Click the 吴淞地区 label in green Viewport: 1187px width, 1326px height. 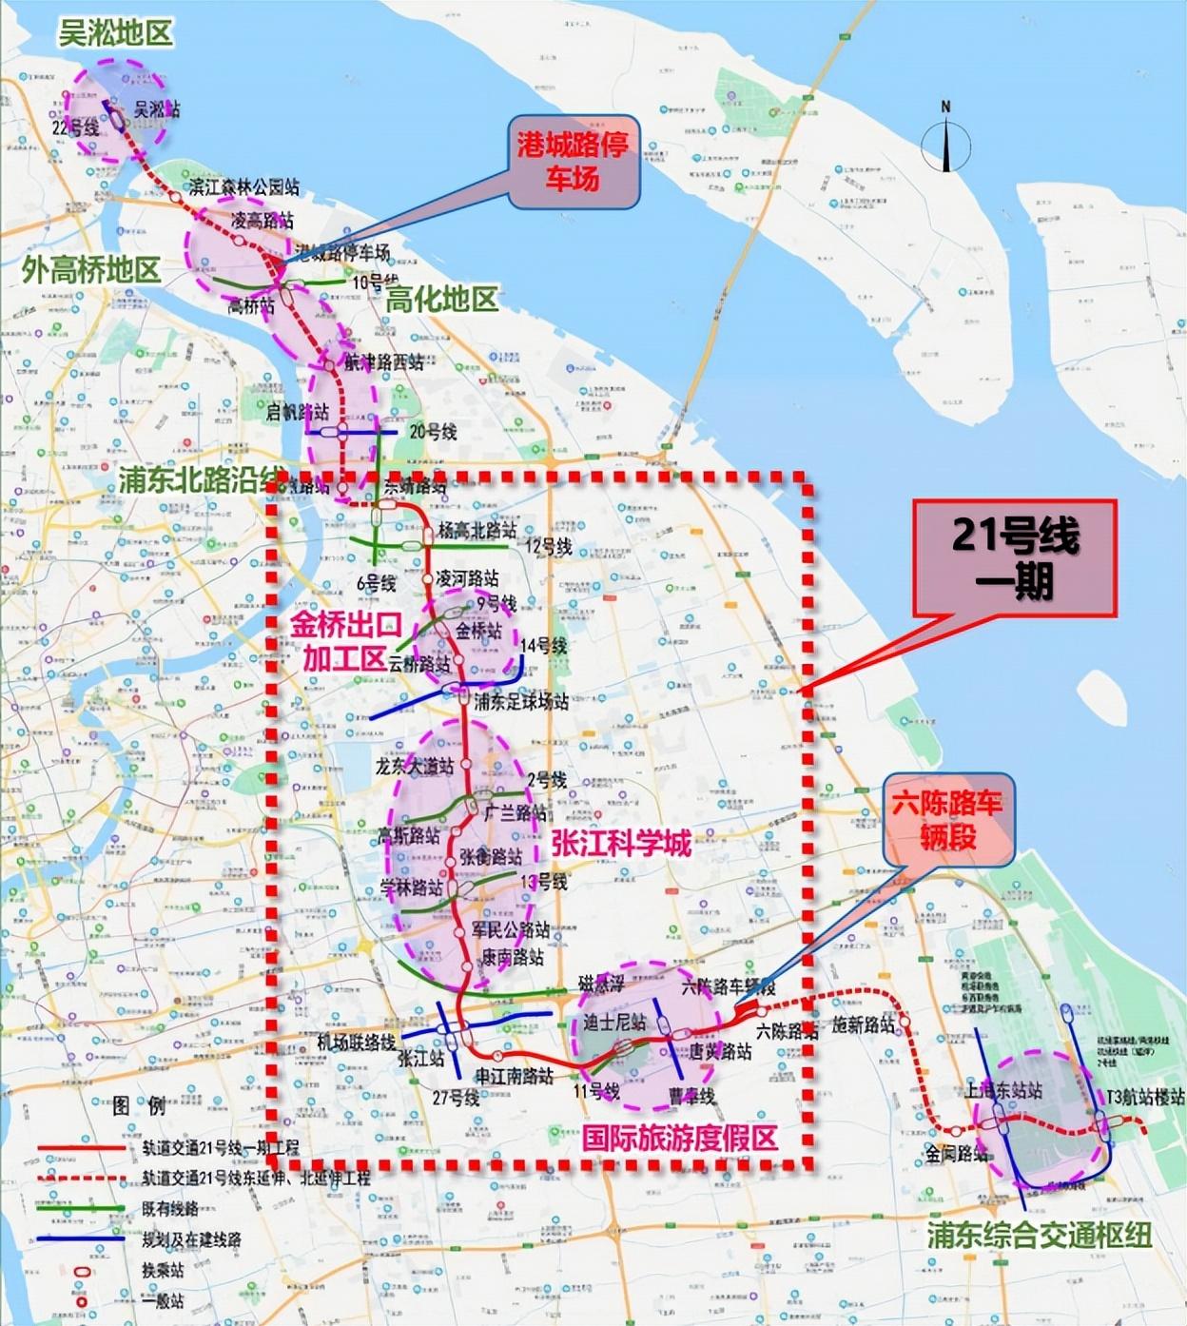(x=115, y=34)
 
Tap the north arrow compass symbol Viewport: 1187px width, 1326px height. (x=945, y=138)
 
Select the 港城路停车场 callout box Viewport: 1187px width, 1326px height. (x=572, y=162)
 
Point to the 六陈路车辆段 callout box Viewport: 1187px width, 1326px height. (x=947, y=820)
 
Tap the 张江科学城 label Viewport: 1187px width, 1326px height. (x=621, y=842)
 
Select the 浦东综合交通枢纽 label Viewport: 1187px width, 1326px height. (x=1040, y=1235)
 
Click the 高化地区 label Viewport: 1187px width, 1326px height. (x=441, y=300)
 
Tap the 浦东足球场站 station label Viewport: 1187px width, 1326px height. (x=522, y=702)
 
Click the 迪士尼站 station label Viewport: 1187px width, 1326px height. (x=614, y=1023)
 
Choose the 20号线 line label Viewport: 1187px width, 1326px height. (x=433, y=431)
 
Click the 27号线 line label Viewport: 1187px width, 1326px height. (x=456, y=1097)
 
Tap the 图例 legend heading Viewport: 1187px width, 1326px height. (x=139, y=1105)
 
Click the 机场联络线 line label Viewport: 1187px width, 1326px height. (x=356, y=1042)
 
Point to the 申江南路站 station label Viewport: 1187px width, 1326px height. (x=514, y=1076)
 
